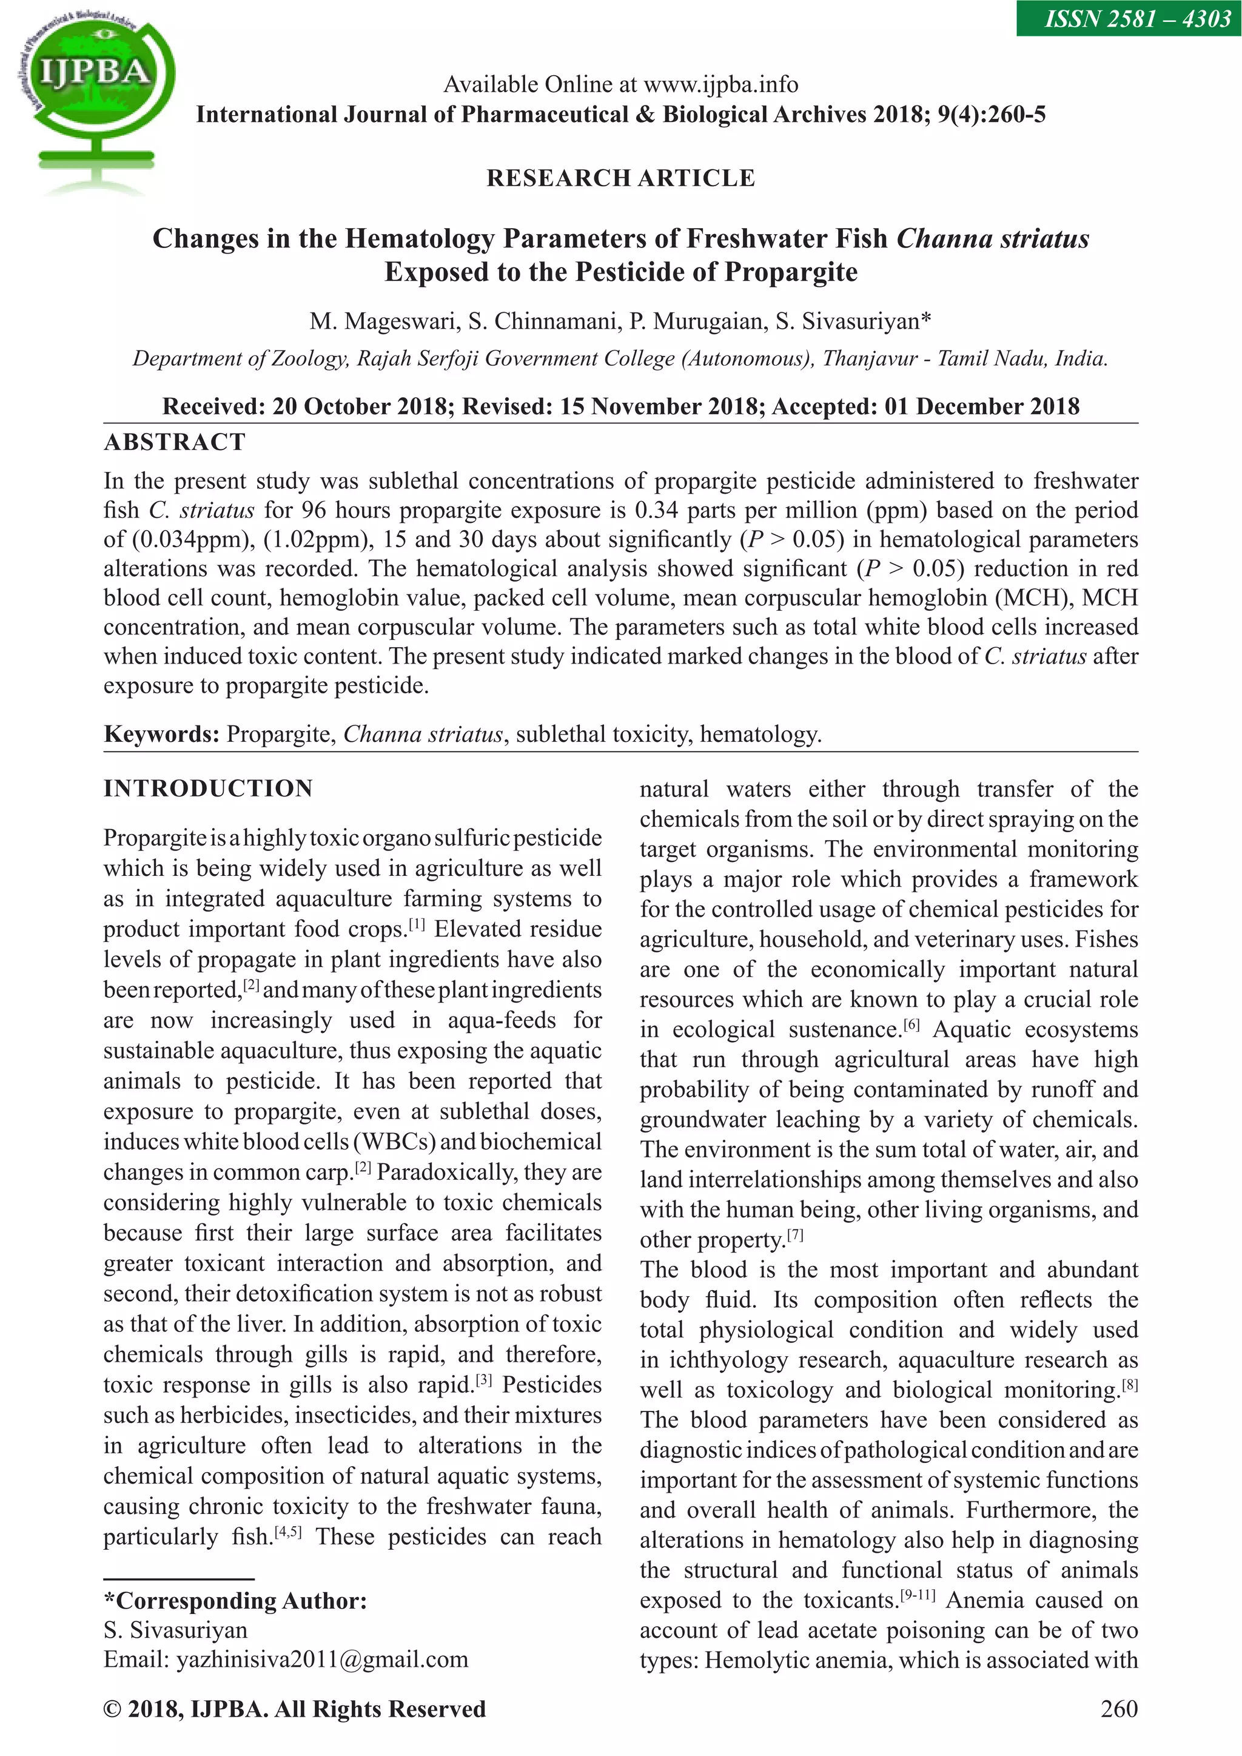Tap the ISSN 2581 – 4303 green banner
tap(1128, 18)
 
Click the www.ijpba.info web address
tap(720, 84)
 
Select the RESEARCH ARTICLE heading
tap(620, 178)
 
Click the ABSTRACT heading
tap(175, 442)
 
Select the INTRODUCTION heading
tap(208, 789)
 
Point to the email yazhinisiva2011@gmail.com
tap(322, 1659)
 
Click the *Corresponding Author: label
tap(235, 1601)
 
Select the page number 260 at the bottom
tap(1118, 1709)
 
